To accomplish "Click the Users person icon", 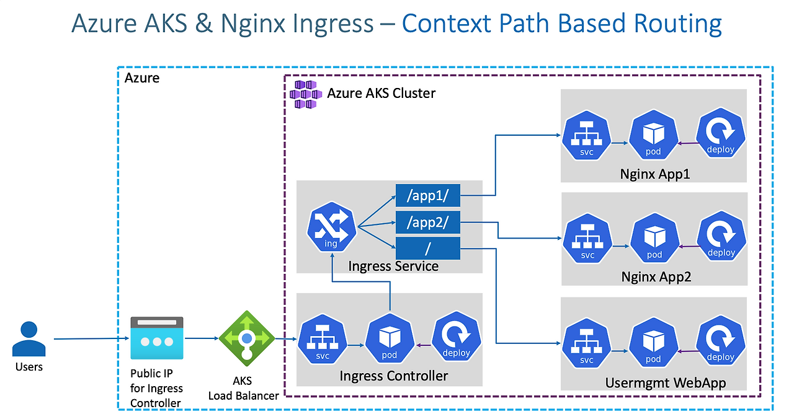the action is pos(29,338).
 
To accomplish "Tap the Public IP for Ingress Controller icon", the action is pos(157,338).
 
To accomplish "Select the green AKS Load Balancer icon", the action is pos(247,338).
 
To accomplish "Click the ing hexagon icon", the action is pos(331,227).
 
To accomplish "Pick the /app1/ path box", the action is pos(428,195).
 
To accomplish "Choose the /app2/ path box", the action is pos(428,222).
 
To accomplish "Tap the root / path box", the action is pos(428,249).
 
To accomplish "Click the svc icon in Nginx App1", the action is pos(587,135).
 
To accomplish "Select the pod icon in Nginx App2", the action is pos(654,237).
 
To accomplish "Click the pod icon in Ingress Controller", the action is pos(390,338).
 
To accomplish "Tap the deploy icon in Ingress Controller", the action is pos(457,337).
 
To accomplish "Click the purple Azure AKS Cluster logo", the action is pos(306,94).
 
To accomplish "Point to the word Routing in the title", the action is pos(678,24).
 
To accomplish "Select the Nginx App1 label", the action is pos(655,174).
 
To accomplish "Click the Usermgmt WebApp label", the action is pos(666,383).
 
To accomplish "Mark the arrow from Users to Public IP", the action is pos(91,338).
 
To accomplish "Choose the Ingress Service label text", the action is pos(393,266).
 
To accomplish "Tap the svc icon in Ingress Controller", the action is pos(323,339).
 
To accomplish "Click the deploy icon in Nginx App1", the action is pos(721,133).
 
